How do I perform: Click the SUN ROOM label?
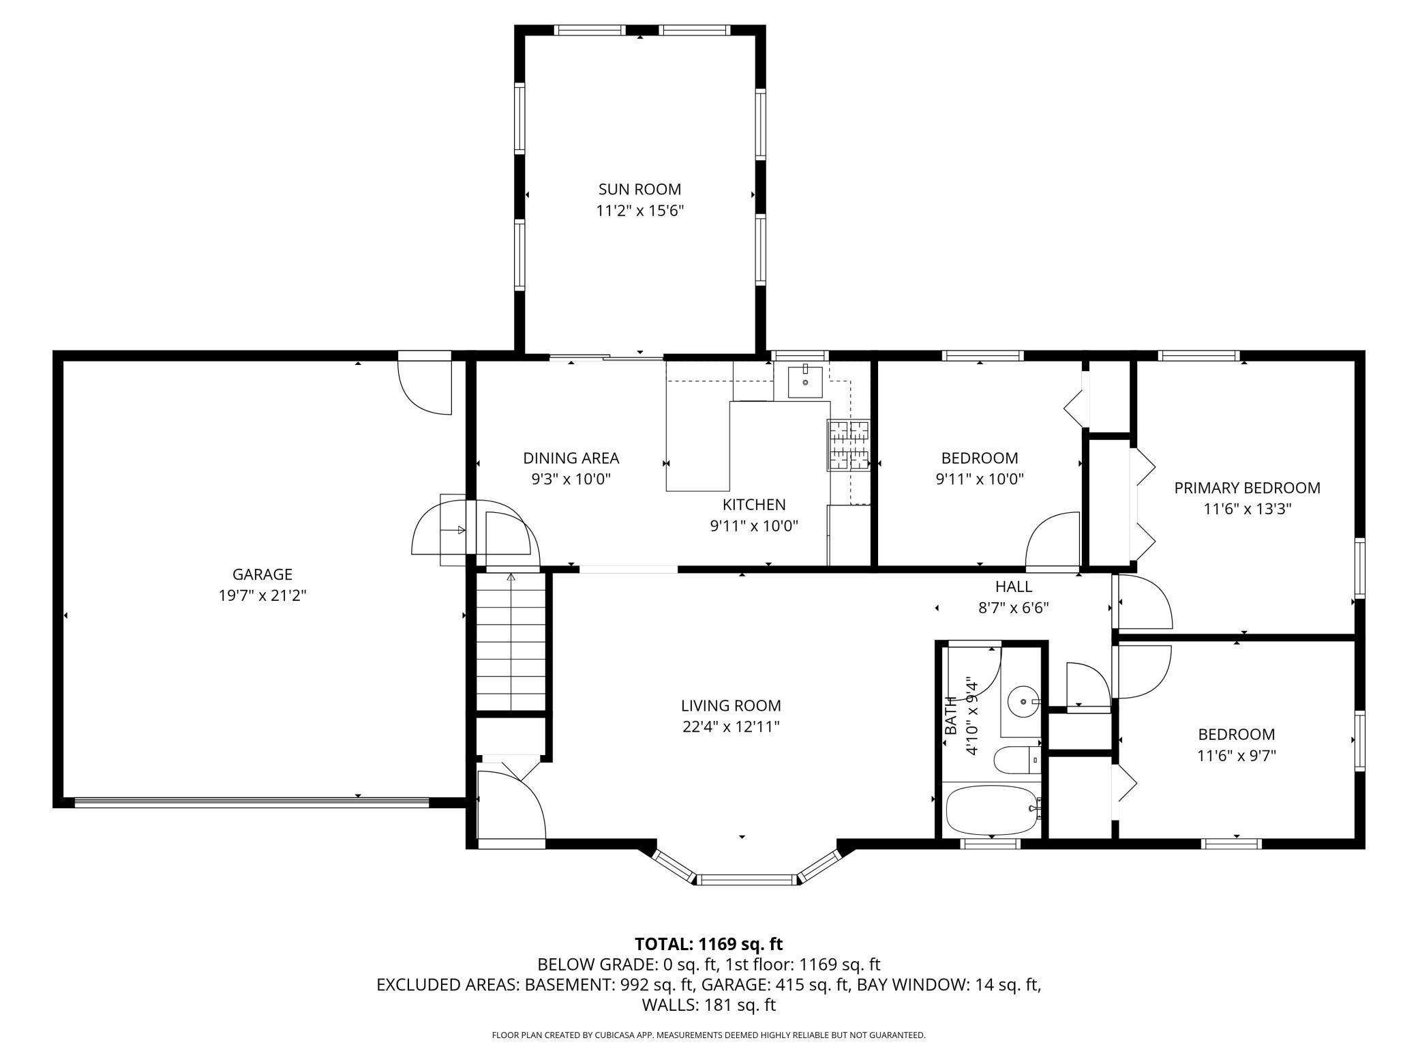point(639,189)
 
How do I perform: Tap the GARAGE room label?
point(262,574)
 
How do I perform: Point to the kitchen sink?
point(805,381)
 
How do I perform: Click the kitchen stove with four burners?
point(849,445)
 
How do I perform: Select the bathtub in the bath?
point(992,810)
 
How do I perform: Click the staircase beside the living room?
point(511,642)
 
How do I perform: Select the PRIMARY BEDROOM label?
point(1247,488)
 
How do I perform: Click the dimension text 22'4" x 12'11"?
point(731,726)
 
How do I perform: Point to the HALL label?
point(1014,586)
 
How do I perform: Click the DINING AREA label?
point(571,458)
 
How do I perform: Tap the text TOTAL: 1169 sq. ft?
point(709,944)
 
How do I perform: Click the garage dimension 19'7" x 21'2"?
point(262,595)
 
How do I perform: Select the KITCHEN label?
point(754,504)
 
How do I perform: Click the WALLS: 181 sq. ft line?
point(709,1005)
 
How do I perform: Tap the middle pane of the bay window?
point(747,879)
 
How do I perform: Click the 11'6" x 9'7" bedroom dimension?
point(1237,755)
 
